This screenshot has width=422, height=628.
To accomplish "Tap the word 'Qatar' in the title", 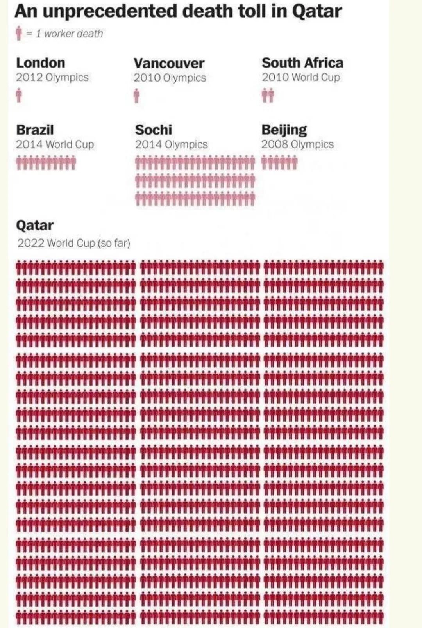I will tap(317, 11).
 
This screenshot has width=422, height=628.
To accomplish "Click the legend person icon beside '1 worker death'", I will tap(19, 34).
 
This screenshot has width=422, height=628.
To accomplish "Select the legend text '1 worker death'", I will tap(69, 34).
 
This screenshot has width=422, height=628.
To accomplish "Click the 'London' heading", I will tap(41, 63).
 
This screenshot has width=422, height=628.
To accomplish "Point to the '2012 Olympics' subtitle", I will tap(52, 77).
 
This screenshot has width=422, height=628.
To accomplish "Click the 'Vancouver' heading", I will tap(169, 63).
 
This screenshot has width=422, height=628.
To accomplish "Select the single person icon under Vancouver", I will tap(136, 96).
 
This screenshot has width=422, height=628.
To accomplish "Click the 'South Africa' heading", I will tap(302, 63).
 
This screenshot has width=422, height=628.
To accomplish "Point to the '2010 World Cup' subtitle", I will tap(300, 77).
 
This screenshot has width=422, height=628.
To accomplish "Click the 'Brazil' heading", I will tap(35, 130).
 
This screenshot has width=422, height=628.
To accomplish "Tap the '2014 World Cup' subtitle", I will tap(55, 144).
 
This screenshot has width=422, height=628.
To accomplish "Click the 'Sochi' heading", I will tap(154, 130).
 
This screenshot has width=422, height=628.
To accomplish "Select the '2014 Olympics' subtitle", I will tap(171, 144).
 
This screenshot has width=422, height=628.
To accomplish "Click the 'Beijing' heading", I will tap(284, 130).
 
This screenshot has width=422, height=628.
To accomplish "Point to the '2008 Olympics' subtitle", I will tap(297, 144).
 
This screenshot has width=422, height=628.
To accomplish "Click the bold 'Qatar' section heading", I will tap(35, 225).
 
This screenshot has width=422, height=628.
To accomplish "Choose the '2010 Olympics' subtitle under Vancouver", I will tap(170, 78).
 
